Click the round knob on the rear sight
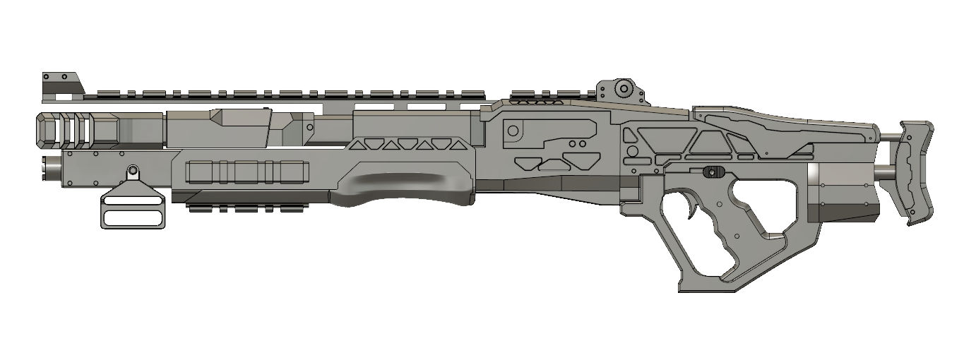[x=623, y=88]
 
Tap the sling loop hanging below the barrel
[x=134, y=208]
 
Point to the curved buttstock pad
[x=915, y=172]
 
